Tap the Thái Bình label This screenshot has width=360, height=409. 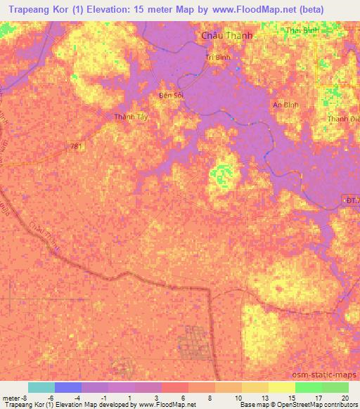303,31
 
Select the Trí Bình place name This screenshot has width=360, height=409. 219,58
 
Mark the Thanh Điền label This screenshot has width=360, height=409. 343,119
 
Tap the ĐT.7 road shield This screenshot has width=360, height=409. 351,200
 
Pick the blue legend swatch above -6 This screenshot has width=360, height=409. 67,387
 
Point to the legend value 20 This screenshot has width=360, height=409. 344,397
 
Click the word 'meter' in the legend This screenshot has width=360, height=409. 11,397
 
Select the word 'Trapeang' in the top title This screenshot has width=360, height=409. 28,11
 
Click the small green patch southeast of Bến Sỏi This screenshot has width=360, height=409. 223,171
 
